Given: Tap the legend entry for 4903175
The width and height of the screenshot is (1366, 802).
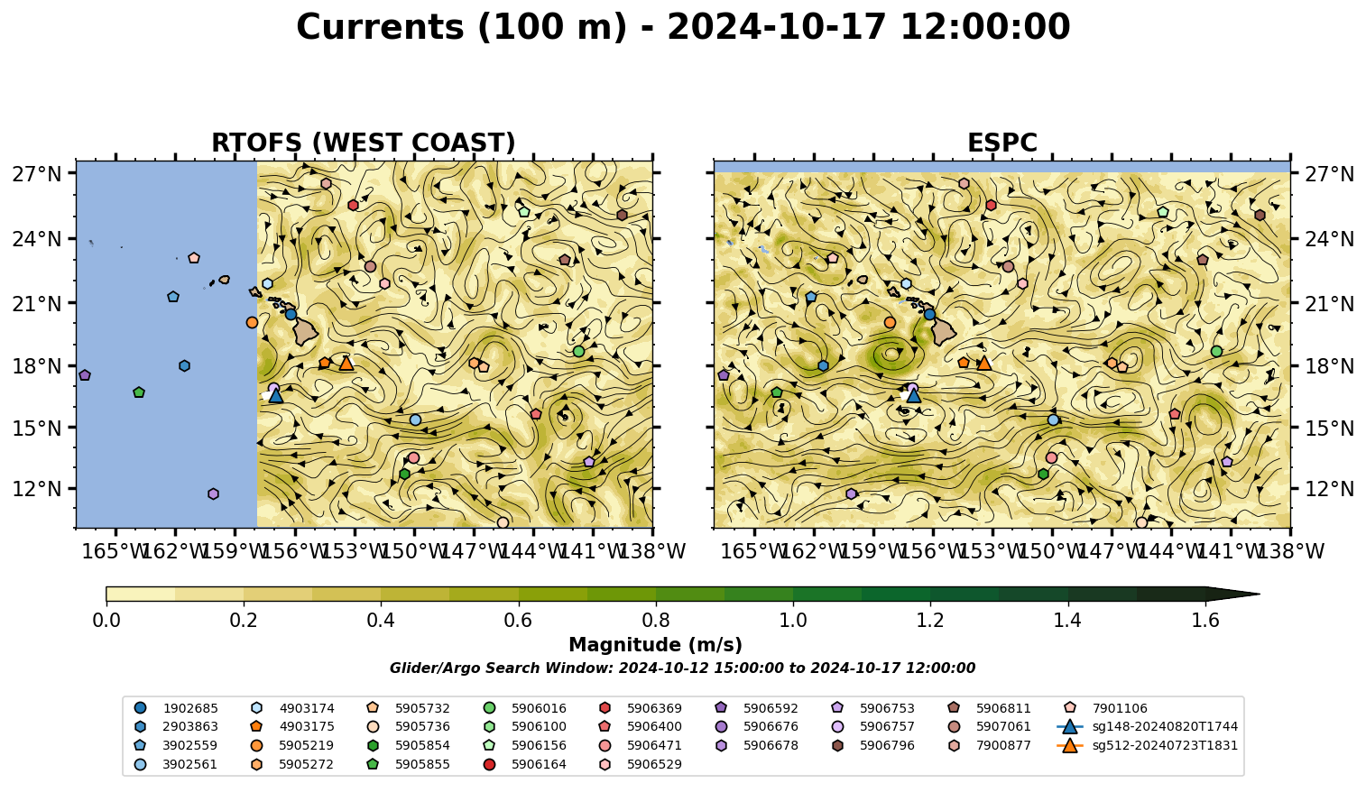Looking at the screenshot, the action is pos(292,726).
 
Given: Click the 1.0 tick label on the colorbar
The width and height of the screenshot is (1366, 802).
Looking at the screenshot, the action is pos(793,621).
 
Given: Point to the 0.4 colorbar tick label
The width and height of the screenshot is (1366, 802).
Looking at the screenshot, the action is pos(381,621).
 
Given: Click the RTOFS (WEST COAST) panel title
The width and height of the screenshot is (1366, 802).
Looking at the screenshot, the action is pos(364,143).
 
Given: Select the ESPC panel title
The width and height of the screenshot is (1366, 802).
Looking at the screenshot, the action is pos(1001,143).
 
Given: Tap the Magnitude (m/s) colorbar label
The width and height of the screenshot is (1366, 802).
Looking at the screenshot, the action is pos(656,645).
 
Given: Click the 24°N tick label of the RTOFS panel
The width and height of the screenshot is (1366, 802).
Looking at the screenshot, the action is pos(37,239).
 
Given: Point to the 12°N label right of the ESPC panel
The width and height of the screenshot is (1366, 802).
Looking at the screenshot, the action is pos(1329,489).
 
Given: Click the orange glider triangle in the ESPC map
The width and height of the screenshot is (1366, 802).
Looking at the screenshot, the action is pos(983,364).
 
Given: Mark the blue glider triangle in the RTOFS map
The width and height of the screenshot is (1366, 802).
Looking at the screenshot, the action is pos(276,396).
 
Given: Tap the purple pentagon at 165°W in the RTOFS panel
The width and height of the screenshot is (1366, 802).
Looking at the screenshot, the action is pos(85,375).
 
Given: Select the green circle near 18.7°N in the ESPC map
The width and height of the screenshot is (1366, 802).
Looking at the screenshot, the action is pos(1216,351).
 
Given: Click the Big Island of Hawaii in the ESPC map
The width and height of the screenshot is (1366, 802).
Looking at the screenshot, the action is pos(944,332).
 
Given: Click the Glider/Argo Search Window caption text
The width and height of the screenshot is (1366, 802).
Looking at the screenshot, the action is pos(682,668).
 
